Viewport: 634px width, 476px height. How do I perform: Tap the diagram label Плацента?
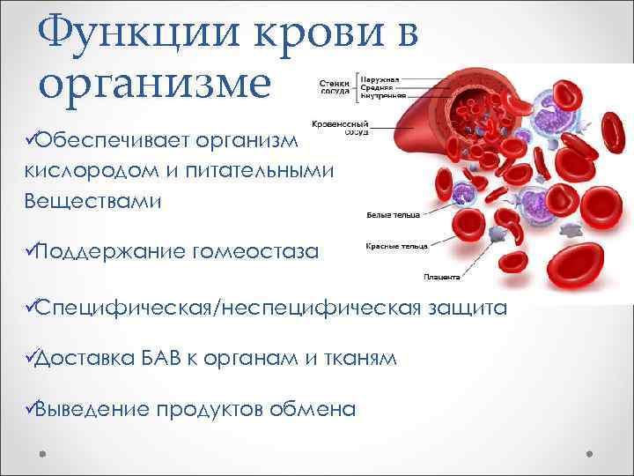pos(441,277)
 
